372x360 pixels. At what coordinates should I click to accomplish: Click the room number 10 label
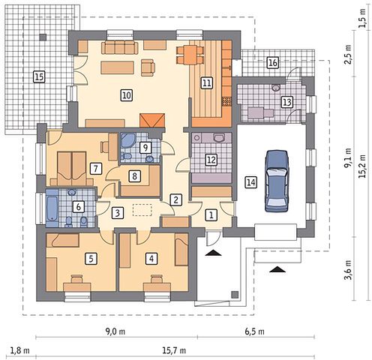(126, 95)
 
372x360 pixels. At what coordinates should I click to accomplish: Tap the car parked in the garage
(277, 181)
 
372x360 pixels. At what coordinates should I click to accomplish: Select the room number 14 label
(251, 182)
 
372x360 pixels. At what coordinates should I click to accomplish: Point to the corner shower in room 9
(127, 140)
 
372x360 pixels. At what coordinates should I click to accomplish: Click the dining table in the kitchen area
(190, 55)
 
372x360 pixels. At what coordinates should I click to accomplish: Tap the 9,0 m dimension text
(115, 331)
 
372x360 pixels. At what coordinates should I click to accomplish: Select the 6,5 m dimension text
(254, 331)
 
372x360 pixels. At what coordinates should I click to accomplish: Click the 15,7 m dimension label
(174, 350)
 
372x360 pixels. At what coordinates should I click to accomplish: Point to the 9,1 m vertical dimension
(348, 158)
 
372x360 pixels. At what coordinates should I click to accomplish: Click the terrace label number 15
(39, 76)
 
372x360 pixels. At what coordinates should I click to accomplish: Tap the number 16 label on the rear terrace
(272, 62)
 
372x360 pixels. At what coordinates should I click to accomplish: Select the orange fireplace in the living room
(152, 120)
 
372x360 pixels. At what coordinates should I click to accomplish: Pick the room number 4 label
(151, 259)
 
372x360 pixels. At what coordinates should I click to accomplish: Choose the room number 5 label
(91, 259)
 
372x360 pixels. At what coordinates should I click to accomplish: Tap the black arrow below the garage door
(277, 269)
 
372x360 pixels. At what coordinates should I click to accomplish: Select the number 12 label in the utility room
(211, 159)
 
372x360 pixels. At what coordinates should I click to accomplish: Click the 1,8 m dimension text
(19, 350)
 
